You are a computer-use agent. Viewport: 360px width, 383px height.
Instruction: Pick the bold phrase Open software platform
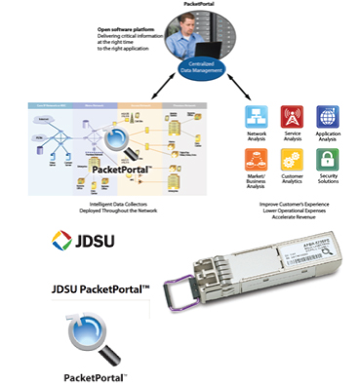coord(124,30)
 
